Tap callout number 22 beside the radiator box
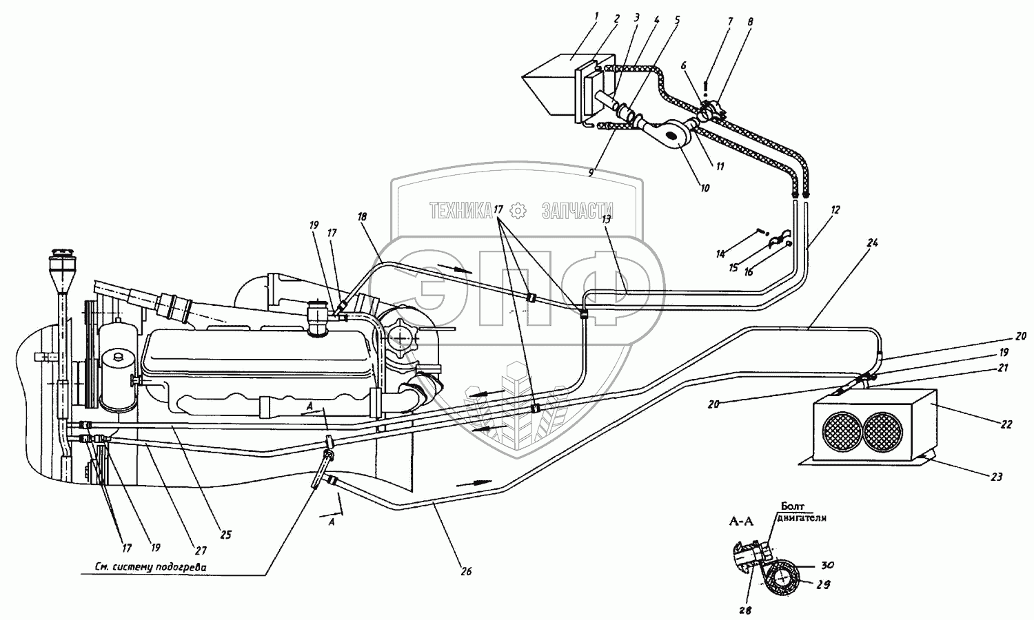(x=1007, y=424)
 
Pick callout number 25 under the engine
(x=226, y=534)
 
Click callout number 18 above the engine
(x=361, y=216)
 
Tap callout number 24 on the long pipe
(x=872, y=243)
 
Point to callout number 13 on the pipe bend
(x=607, y=219)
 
